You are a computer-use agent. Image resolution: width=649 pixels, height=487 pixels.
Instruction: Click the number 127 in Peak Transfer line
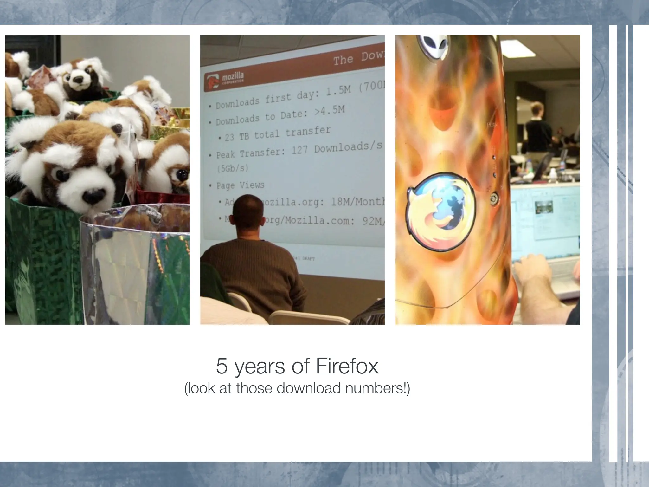coord(299,150)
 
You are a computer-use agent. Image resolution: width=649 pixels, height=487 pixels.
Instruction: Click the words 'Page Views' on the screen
coord(240,185)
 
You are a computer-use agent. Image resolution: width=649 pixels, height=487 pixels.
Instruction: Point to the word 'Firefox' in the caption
coord(347,366)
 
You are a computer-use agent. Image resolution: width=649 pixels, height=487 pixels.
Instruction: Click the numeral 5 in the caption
coord(222,366)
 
